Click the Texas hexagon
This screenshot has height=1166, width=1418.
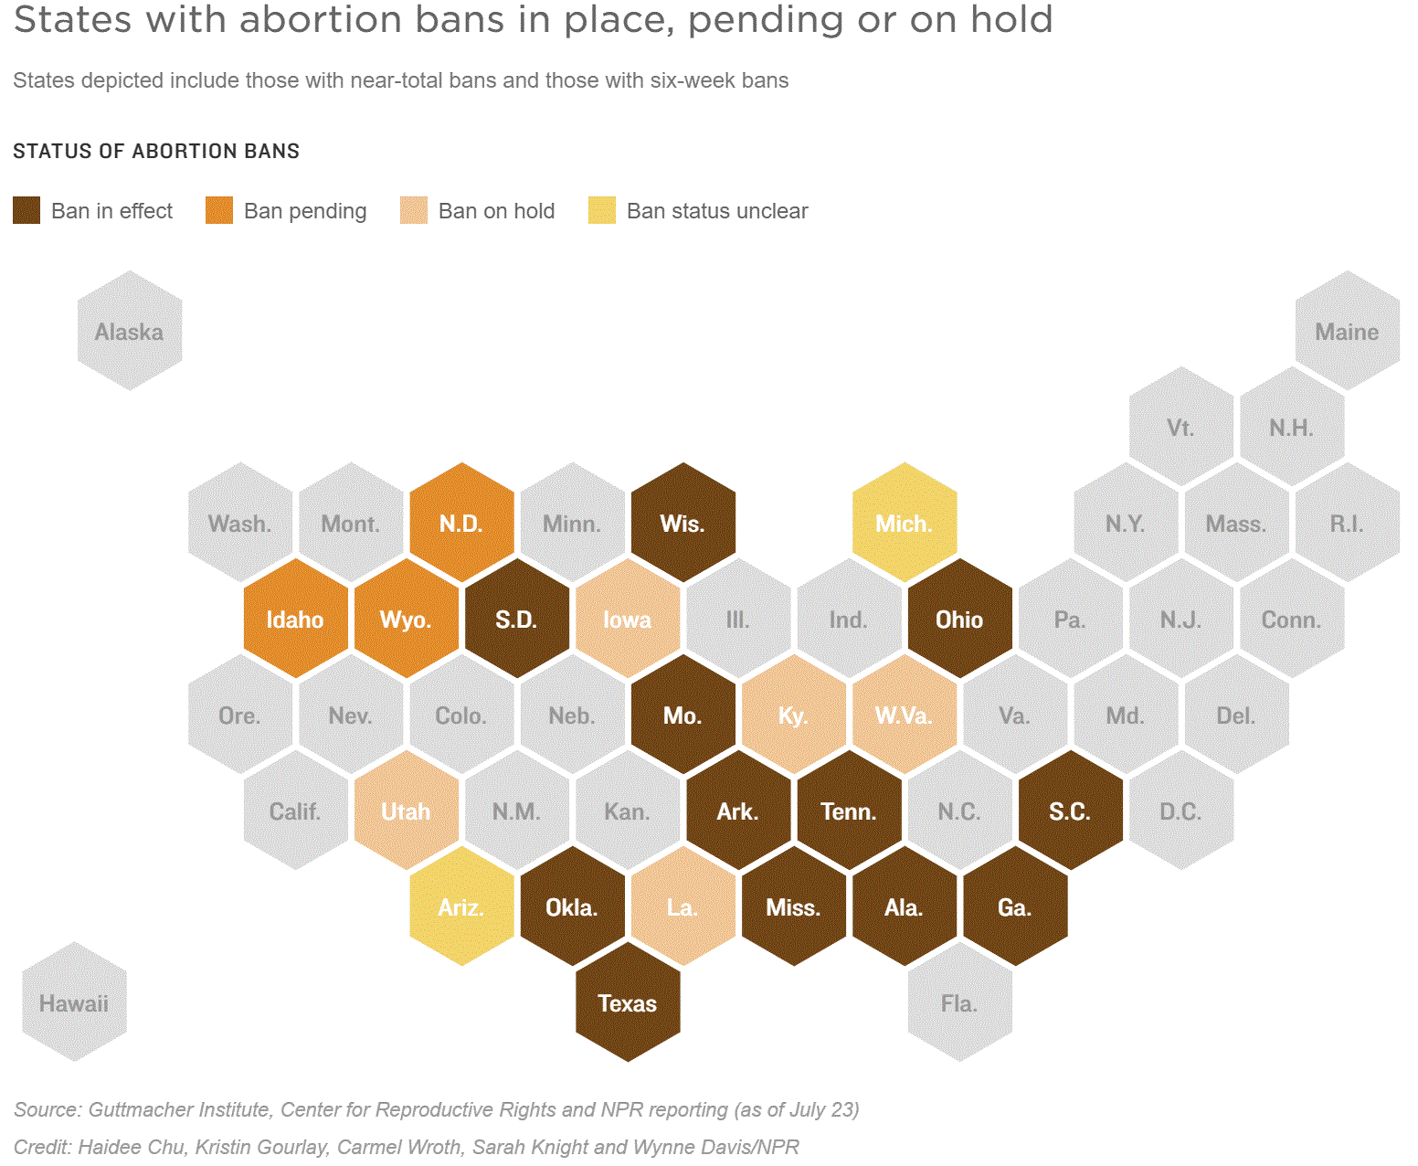click(x=628, y=1002)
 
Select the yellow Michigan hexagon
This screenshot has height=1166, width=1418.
click(x=905, y=522)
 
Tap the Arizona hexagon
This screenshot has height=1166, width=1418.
click(x=461, y=906)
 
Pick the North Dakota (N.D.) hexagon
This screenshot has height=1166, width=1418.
click(x=461, y=522)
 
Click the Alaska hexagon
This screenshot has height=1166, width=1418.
click(x=129, y=330)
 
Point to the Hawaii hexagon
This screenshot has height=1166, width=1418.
click(x=74, y=1002)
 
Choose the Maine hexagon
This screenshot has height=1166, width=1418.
click(x=1347, y=330)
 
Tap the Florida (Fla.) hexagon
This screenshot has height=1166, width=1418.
click(x=959, y=1002)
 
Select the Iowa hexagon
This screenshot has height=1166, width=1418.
click(x=628, y=618)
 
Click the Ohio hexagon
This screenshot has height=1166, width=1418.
click(x=959, y=618)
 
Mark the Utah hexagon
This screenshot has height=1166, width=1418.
click(x=406, y=810)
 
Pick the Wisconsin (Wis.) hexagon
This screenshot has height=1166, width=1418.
click(x=683, y=522)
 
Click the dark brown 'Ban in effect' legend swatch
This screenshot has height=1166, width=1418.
click(x=26, y=210)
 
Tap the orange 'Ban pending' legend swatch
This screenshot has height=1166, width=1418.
click(x=219, y=210)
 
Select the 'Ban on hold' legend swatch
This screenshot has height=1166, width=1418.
click(x=414, y=210)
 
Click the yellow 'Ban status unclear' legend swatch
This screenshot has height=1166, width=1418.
click(x=602, y=210)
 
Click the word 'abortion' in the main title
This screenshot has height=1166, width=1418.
click(x=321, y=19)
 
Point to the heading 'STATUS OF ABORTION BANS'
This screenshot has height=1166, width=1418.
click(x=156, y=151)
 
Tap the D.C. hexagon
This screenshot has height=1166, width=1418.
click(x=1180, y=810)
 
